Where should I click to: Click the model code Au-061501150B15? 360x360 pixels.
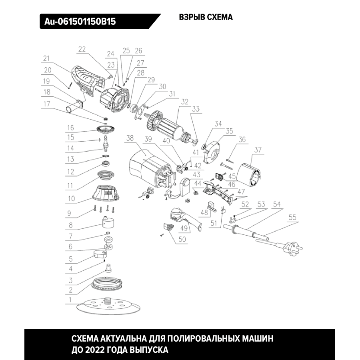click(78, 21)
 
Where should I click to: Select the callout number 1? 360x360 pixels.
click(70, 299)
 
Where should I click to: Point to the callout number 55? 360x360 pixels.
click(292, 218)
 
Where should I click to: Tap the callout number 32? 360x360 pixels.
click(184, 102)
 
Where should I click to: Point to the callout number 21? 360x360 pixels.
click(46, 58)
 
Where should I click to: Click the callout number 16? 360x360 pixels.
click(70, 128)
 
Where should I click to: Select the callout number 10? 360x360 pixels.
click(71, 198)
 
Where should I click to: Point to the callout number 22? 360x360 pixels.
click(82, 50)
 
